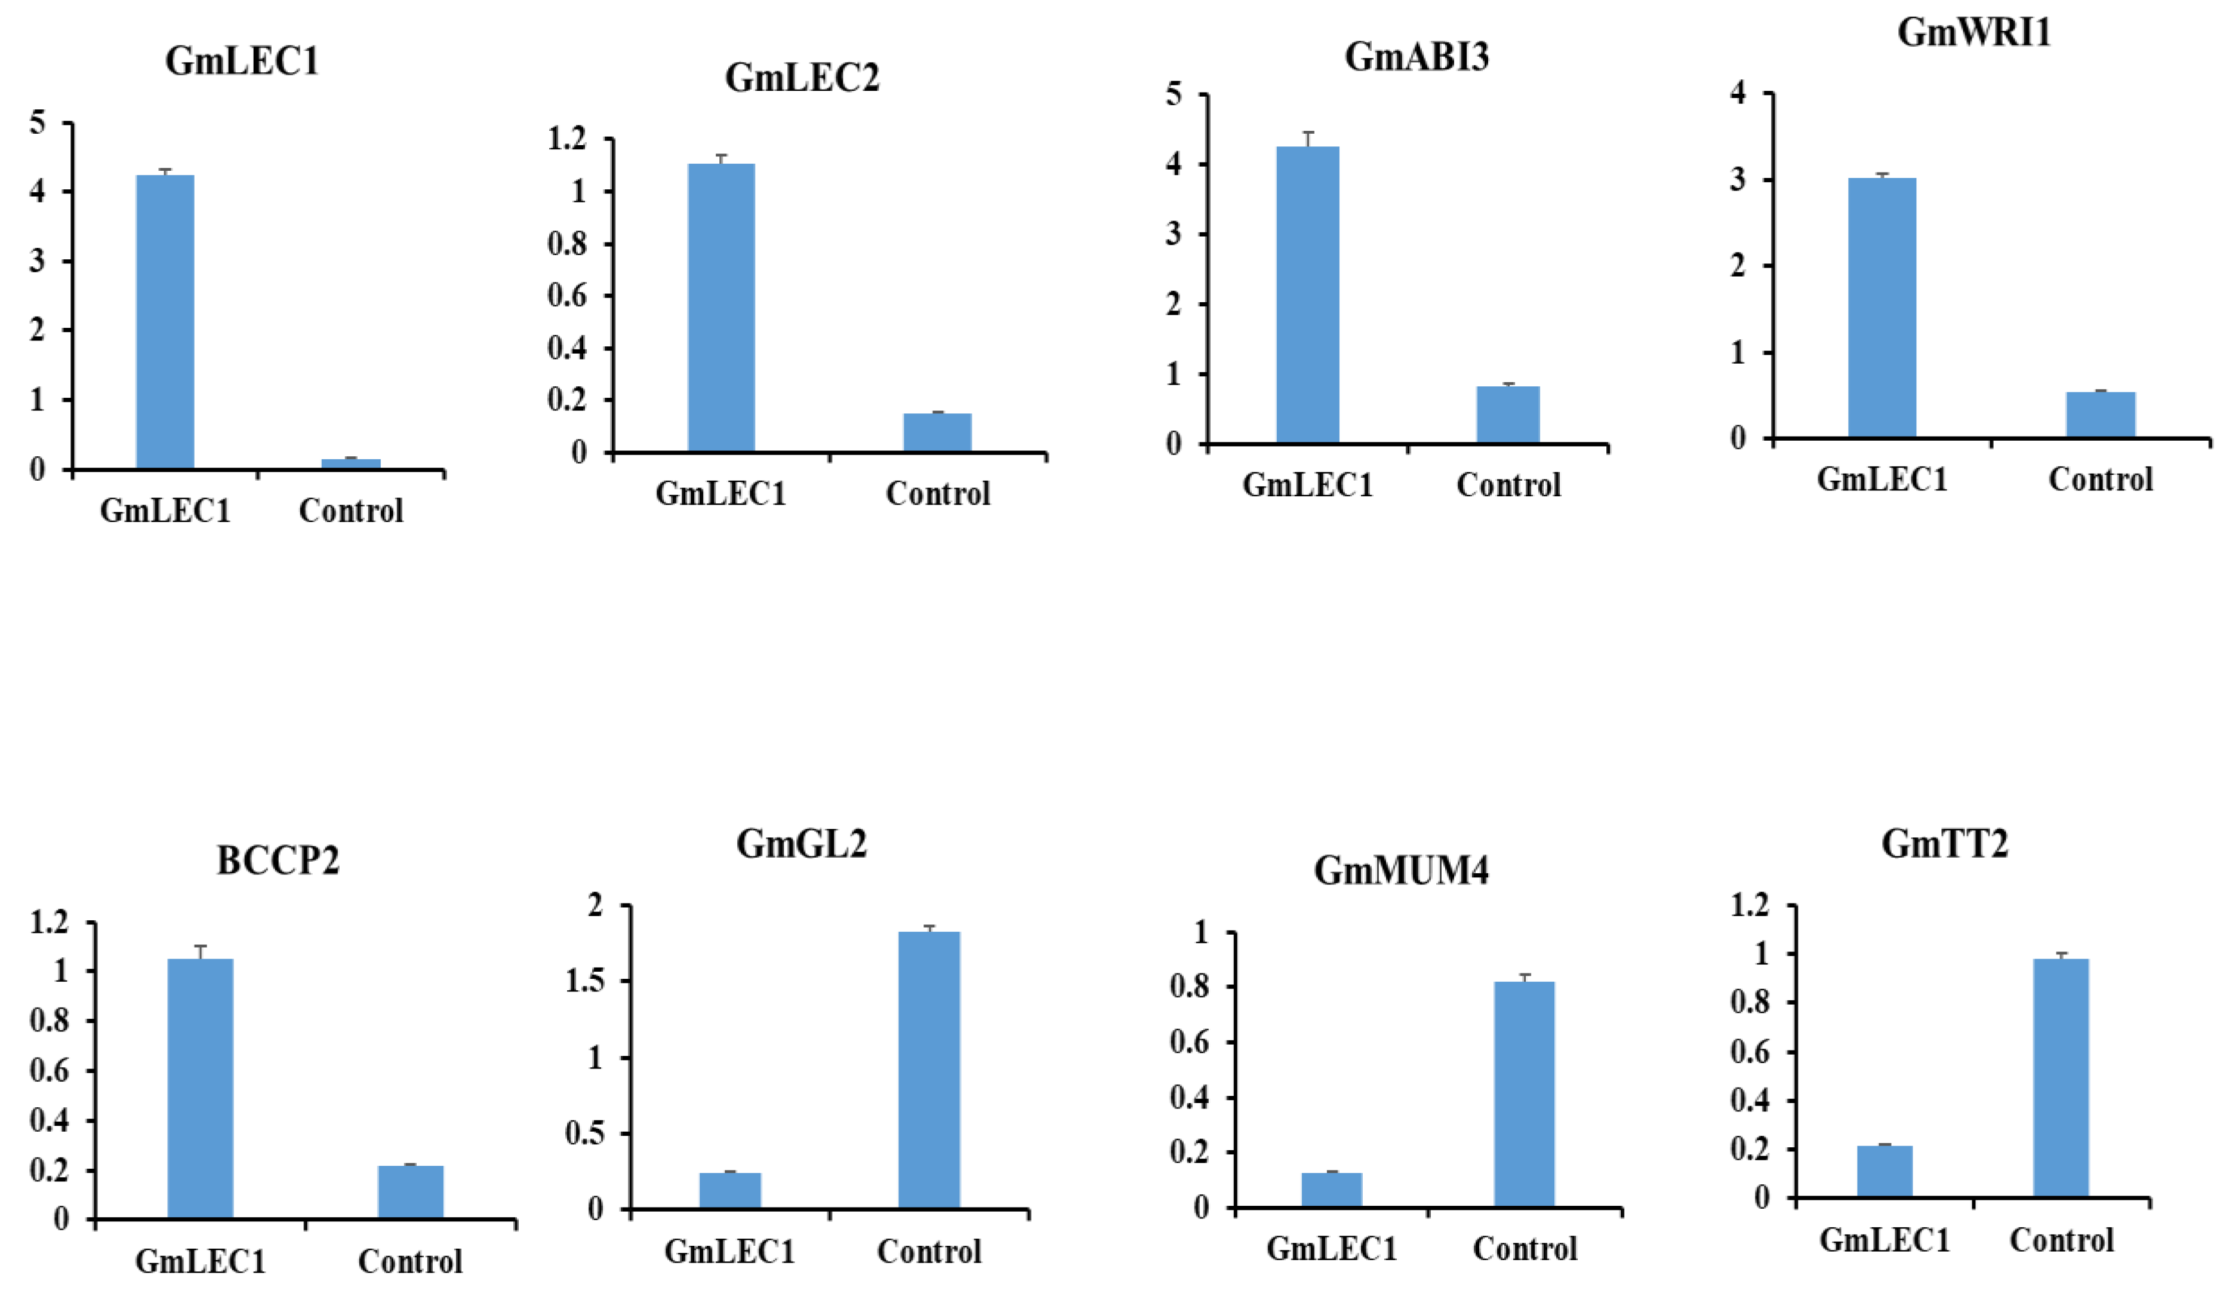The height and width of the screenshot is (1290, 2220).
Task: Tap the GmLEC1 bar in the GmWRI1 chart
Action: click(1882, 308)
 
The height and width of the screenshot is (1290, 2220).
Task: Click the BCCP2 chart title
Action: click(278, 861)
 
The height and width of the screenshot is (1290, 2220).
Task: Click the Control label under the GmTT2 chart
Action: click(2061, 1240)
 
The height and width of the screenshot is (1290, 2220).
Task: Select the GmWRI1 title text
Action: click(1973, 33)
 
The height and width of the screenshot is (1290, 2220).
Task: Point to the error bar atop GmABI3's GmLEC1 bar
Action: click(1308, 139)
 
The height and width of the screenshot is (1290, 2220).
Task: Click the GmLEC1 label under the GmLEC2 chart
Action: click(721, 493)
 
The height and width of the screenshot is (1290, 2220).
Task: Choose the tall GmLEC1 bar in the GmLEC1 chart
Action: click(165, 322)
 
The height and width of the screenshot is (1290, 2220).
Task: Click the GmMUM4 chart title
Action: click(1401, 871)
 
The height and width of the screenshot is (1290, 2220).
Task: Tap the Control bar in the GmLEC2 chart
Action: click(937, 432)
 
